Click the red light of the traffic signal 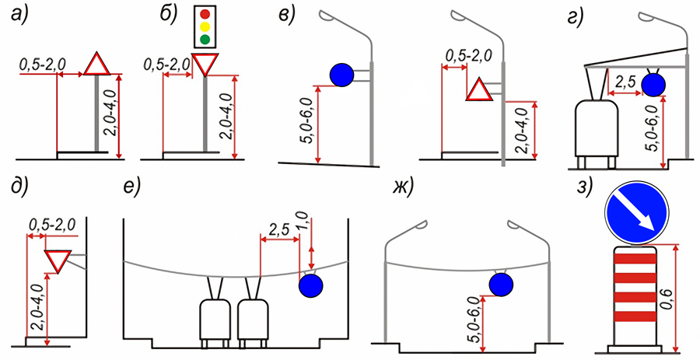tap(205, 13)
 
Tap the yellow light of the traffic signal tap(205, 26)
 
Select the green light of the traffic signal tap(205, 39)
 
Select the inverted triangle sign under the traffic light tap(205, 65)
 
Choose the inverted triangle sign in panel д tap(57, 260)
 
